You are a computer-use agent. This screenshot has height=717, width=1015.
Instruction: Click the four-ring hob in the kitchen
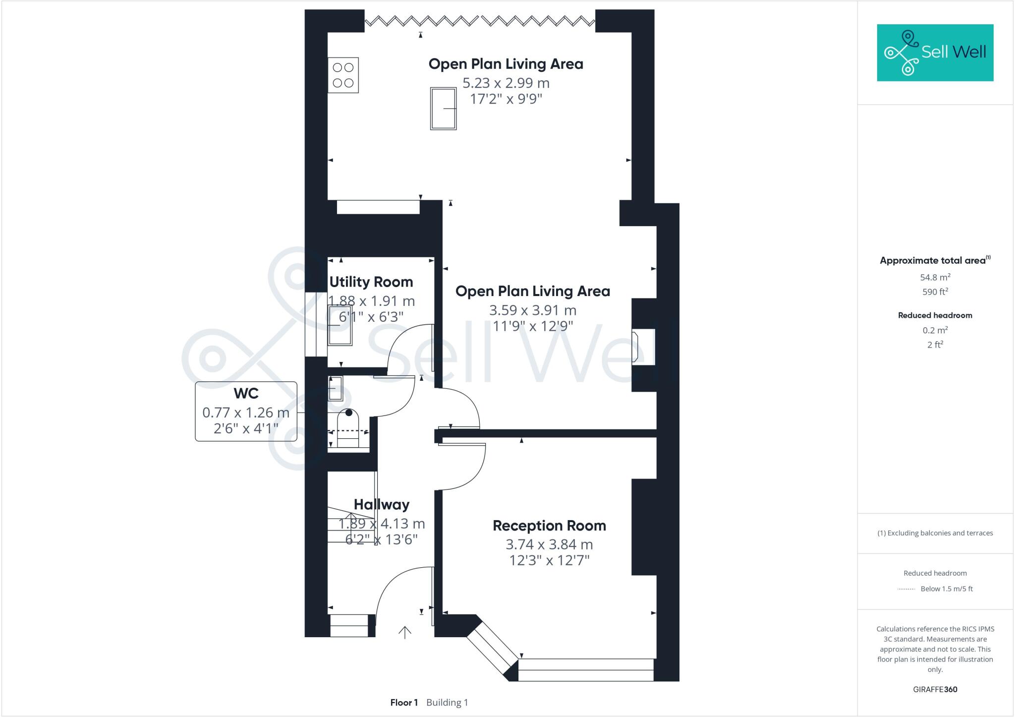click(x=343, y=75)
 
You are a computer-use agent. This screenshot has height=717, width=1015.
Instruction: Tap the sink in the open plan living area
click(x=443, y=109)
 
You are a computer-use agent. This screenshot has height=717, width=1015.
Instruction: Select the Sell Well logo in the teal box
click(x=935, y=53)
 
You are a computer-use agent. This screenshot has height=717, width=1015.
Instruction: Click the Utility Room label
click(x=371, y=282)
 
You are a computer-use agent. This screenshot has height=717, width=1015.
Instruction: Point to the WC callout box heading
click(x=246, y=394)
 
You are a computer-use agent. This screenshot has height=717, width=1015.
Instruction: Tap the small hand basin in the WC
click(x=336, y=388)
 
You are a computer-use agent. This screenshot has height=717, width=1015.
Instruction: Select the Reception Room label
click(x=549, y=526)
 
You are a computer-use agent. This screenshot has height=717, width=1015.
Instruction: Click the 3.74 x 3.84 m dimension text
click(x=549, y=544)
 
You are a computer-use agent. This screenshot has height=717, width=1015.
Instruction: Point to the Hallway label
click(x=382, y=505)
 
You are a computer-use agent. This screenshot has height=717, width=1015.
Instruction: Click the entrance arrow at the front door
click(x=405, y=632)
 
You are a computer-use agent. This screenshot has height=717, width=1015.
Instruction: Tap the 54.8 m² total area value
click(x=935, y=277)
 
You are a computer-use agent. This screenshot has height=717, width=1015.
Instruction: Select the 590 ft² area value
click(x=935, y=292)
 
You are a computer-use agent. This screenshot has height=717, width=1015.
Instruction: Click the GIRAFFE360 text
click(x=935, y=689)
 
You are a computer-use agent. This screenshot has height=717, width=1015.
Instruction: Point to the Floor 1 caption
click(x=404, y=703)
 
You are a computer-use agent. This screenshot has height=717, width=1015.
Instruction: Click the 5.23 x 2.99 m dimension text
click(x=506, y=83)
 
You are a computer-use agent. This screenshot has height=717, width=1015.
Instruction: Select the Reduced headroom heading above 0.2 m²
click(x=935, y=315)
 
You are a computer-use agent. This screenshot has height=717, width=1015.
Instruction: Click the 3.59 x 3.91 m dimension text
click(x=532, y=310)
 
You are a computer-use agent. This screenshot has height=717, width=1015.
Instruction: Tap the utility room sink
click(x=340, y=325)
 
